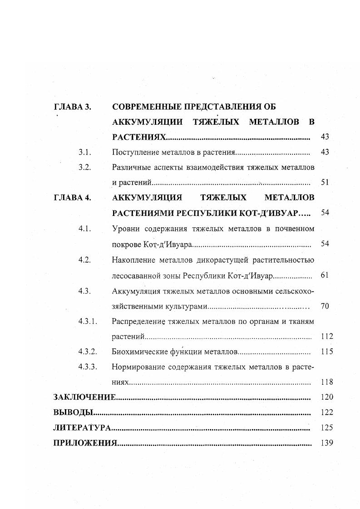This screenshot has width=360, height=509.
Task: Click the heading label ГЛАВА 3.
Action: pyautogui.click(x=73, y=107)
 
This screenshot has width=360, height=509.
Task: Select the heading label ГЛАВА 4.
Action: pyautogui.click(x=73, y=198)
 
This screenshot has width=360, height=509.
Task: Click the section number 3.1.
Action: pyautogui.click(x=85, y=152)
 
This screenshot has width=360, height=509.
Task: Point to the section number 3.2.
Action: pyautogui.click(x=85, y=167)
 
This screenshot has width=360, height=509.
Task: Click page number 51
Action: pyautogui.click(x=324, y=182)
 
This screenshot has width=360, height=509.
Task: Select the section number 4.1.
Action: pyautogui.click(x=85, y=229)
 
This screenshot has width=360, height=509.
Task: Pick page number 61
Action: pyautogui.click(x=324, y=275)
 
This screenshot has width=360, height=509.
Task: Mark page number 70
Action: pyautogui.click(x=324, y=306)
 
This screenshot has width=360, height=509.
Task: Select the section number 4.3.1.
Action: pyautogui.click(x=88, y=321)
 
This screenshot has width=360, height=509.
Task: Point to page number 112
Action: pyautogui.click(x=326, y=337)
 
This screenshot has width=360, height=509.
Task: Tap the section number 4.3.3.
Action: pyautogui.click(x=88, y=367)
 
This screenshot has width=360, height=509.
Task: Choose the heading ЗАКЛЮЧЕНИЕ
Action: pyautogui.click(x=84, y=397)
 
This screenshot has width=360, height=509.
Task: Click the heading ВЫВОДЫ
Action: pyautogui.click(x=73, y=412)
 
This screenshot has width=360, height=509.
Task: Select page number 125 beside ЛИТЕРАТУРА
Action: pyautogui.click(x=326, y=428)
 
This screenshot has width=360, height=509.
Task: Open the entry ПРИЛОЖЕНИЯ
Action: pyautogui.click(x=85, y=443)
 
